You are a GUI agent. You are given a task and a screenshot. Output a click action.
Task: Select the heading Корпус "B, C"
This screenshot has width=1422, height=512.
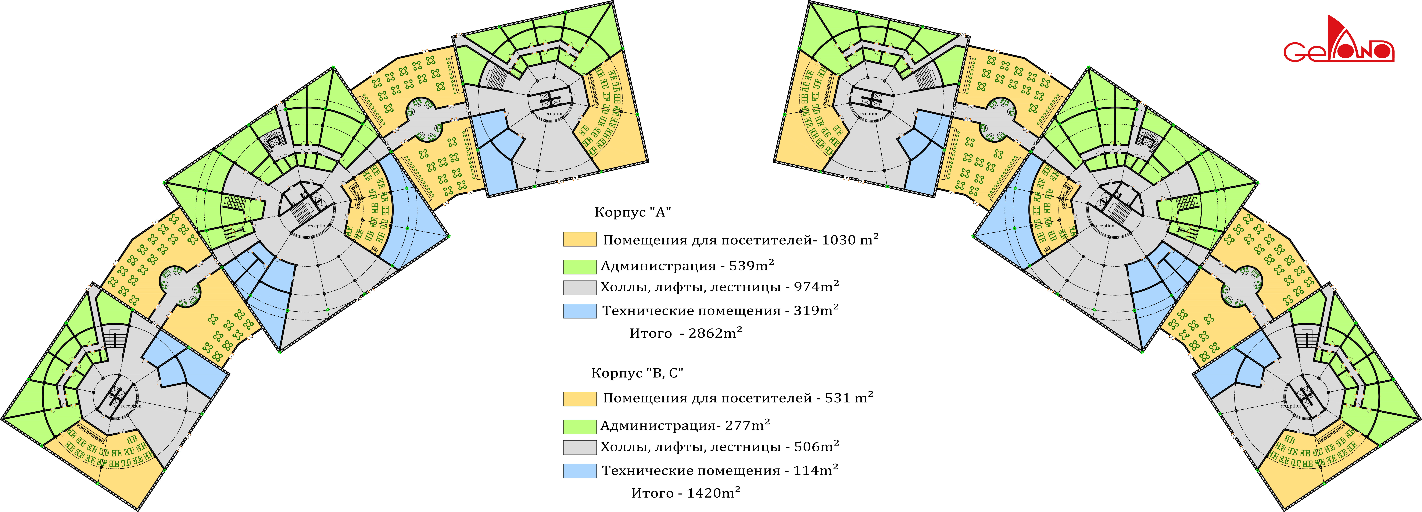tap(637, 373)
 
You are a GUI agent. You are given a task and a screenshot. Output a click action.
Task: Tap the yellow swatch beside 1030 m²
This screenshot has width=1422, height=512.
tap(580, 239)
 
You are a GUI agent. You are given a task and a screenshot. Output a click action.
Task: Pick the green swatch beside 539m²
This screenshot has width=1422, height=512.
tap(580, 267)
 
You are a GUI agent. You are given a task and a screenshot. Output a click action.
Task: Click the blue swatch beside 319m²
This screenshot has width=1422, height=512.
tap(580, 311)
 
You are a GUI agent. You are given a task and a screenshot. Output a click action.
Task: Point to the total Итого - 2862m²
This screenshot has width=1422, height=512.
tap(686, 333)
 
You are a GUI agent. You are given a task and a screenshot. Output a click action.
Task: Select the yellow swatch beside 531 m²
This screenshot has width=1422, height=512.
tap(580, 399)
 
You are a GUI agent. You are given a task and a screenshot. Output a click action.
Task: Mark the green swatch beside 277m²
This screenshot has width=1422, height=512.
tap(580, 426)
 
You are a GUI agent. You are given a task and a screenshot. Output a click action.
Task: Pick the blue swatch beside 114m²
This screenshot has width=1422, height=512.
tap(580, 471)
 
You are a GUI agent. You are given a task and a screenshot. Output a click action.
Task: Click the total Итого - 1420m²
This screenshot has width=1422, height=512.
tap(686, 493)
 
